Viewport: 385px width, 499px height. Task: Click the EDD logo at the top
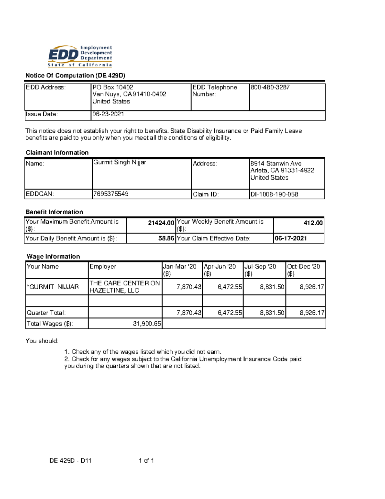tap(80, 56)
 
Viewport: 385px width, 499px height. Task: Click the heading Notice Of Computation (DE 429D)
tap(75, 76)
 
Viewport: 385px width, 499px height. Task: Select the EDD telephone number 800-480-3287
tap(270, 87)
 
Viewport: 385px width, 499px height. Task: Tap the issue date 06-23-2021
tap(108, 114)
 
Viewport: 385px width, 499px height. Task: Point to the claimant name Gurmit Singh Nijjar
tap(119, 162)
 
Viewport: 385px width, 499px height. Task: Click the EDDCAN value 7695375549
tap(110, 194)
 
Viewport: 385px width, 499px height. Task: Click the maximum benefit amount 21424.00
tap(161, 223)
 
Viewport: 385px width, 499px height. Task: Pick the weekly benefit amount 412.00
tap(313, 223)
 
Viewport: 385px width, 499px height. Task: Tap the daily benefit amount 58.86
tap(166, 238)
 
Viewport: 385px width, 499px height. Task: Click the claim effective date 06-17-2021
tap(291, 238)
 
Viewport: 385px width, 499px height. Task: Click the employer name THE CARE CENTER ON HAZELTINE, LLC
tap(124, 287)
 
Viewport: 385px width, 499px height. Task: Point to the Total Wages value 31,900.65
tap(147, 324)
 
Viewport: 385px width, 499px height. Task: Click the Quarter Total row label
tap(46, 313)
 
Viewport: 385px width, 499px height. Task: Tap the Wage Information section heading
tap(53, 256)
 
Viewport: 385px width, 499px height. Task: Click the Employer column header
tap(103, 267)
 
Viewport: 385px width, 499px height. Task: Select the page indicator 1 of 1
tap(146, 460)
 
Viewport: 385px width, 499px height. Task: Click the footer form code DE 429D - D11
tap(70, 460)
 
